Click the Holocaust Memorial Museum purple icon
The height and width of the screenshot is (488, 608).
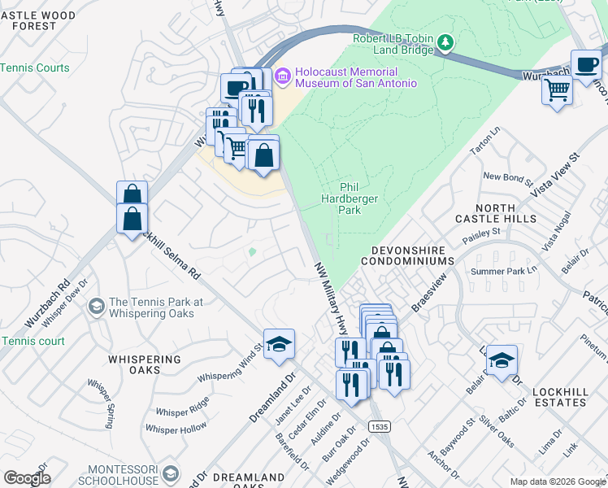[x=283, y=76]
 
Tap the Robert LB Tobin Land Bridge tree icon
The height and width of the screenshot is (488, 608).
[x=445, y=41]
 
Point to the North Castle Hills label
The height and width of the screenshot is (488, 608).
[x=495, y=213]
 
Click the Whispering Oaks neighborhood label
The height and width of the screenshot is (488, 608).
[x=142, y=364]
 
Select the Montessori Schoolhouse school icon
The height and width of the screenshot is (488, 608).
[x=171, y=473]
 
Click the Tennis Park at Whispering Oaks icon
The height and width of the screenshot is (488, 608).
[x=96, y=307]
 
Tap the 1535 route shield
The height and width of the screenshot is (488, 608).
[x=377, y=426]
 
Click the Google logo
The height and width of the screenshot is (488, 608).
[x=27, y=478]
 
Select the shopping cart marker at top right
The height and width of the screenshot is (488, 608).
[x=557, y=89]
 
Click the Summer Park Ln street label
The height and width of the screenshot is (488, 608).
[x=510, y=270]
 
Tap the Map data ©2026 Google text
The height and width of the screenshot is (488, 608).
[x=557, y=481]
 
